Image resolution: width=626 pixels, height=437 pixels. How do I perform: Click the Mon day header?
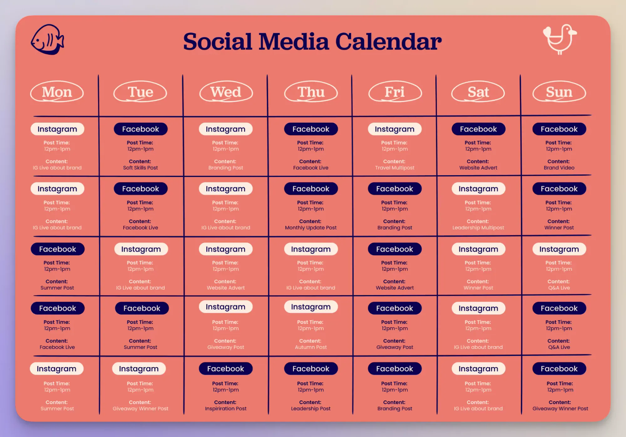[57, 92]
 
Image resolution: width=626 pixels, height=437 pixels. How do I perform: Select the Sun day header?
[559, 92]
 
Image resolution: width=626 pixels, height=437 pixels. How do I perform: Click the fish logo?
[48, 39]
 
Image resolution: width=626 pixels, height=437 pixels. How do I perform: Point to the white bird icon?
[560, 39]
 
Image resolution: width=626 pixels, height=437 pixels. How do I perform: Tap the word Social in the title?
[218, 42]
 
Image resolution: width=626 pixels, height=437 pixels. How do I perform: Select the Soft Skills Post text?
[141, 168]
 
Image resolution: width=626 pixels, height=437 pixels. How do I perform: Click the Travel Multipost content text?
[395, 168]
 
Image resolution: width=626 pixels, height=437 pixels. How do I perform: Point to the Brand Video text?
[559, 168]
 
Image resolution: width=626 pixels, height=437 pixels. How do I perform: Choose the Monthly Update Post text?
[311, 228]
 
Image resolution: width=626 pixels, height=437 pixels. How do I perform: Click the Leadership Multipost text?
[478, 228]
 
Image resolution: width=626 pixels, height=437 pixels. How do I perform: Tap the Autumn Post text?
[311, 347]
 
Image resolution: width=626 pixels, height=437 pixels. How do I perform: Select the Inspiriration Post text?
[226, 409]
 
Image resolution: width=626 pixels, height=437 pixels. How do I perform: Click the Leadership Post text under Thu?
[311, 409]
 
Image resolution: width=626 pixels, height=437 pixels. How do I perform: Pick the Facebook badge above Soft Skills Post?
[141, 129]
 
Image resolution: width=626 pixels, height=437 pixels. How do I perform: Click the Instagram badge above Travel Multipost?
[395, 129]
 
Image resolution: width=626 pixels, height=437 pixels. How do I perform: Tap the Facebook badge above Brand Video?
[559, 129]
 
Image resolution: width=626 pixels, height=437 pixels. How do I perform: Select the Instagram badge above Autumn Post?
[311, 307]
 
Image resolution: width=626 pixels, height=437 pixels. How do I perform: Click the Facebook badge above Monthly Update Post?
[311, 189]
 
